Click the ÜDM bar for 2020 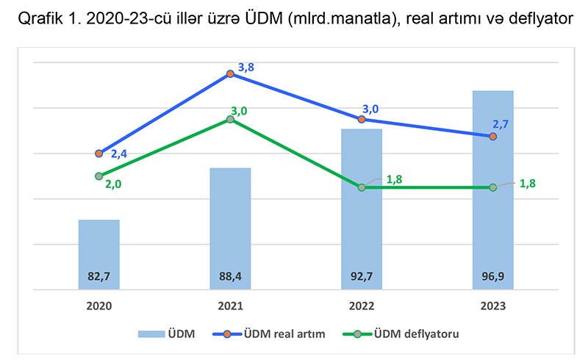click(99, 253)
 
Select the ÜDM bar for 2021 click(230, 228)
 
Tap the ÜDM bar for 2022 click(361, 209)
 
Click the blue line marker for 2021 click(230, 74)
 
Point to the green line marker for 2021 click(230, 119)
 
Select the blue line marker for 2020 click(99, 154)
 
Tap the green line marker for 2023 click(492, 187)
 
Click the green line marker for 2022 click(361, 187)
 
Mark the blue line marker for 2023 click(492, 137)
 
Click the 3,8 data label click(246, 68)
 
